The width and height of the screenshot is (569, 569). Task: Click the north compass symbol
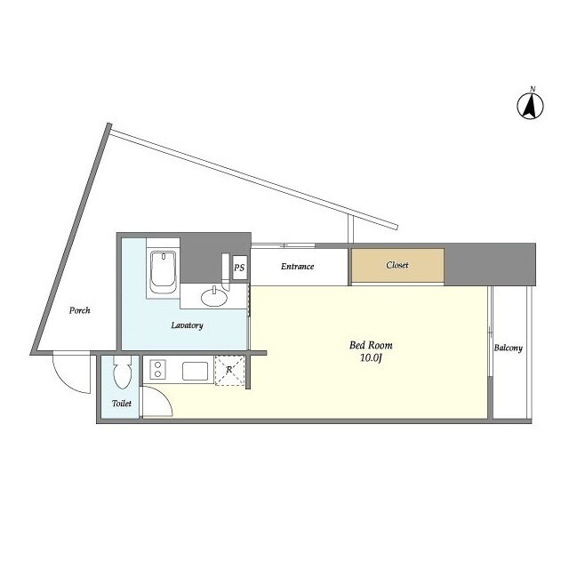(530, 106)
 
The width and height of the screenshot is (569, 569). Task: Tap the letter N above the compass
(533, 89)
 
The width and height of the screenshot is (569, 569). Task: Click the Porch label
(79, 310)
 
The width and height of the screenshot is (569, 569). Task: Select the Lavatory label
(187, 325)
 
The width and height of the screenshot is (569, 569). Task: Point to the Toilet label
(122, 403)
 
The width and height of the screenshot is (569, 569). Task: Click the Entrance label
(297, 267)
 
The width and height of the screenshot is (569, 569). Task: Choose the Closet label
(397, 265)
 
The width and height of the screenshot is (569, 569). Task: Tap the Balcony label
(508, 348)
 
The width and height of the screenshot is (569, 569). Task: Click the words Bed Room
(371, 345)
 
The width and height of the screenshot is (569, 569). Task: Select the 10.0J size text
(372, 358)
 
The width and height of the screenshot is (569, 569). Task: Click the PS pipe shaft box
(239, 268)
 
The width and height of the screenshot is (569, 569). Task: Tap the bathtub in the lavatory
(164, 272)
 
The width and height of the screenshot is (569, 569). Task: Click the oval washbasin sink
(214, 297)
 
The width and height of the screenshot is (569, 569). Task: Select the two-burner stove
(158, 370)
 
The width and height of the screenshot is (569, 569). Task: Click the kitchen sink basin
(196, 371)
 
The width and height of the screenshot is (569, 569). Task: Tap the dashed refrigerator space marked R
(229, 370)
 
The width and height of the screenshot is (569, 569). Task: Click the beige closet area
(398, 265)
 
